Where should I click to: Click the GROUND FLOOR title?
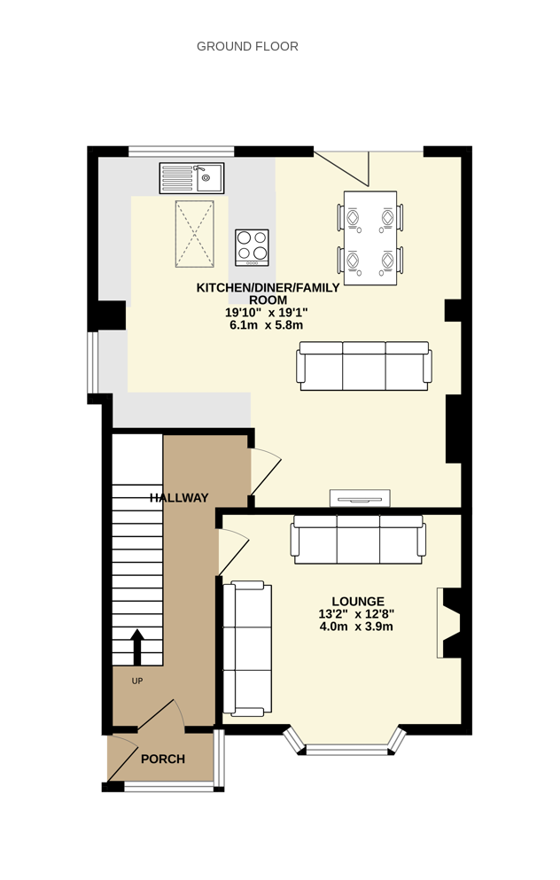pyautogui.click(x=247, y=47)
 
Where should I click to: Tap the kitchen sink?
pyautogui.click(x=192, y=178)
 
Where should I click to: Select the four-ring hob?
pyautogui.click(x=252, y=247)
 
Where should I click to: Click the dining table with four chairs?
pyautogui.click(x=370, y=238)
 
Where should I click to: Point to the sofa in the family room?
pyautogui.click(x=364, y=366)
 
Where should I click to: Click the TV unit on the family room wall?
pyautogui.click(x=360, y=497)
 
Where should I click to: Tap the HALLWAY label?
pyautogui.click(x=179, y=498)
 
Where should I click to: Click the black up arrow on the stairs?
pyautogui.click(x=137, y=647)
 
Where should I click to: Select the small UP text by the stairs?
pyautogui.click(x=137, y=681)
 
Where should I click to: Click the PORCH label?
pyautogui.click(x=163, y=759)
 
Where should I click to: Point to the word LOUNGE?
pyautogui.click(x=358, y=602)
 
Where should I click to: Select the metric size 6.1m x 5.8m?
pyautogui.click(x=267, y=325)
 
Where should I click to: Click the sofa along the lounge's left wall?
pyautogui.click(x=247, y=649)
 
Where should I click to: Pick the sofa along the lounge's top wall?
pyautogui.click(x=358, y=540)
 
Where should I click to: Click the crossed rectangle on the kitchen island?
pyautogui.click(x=195, y=233)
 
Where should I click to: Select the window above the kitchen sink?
pyautogui.click(x=182, y=151)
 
